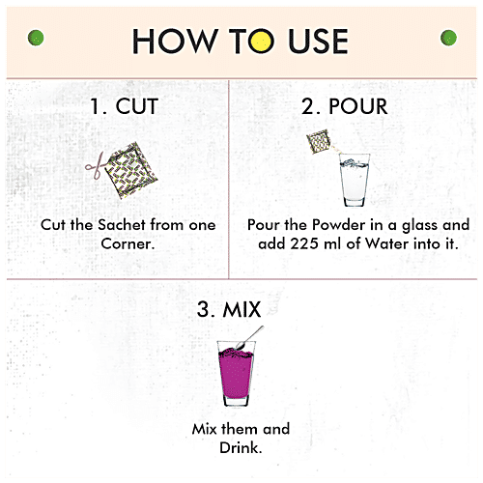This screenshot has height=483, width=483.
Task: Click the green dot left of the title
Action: click(36, 38)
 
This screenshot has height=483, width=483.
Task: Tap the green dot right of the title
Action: click(448, 38)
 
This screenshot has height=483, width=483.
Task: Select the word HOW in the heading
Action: click(175, 41)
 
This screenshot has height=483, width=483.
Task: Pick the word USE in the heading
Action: click(318, 41)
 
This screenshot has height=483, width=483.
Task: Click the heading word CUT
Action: click(137, 106)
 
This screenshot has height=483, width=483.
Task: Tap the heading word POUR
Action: click(357, 106)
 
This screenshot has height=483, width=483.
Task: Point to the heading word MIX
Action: click(241, 309)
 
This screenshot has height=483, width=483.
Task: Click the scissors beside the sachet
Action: click(95, 165)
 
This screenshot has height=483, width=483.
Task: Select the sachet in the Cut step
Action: click(132, 170)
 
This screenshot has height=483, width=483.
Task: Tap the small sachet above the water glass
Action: click(319, 141)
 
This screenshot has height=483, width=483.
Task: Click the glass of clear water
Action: click(355, 180)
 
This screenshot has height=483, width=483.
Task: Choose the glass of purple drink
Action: click(236, 374)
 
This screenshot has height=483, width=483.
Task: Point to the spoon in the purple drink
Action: click(250, 337)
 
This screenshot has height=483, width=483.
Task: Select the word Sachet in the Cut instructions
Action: click(122, 225)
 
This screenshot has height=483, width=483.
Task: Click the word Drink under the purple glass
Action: click(241, 447)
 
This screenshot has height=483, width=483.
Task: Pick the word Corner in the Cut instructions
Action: click(128, 243)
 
